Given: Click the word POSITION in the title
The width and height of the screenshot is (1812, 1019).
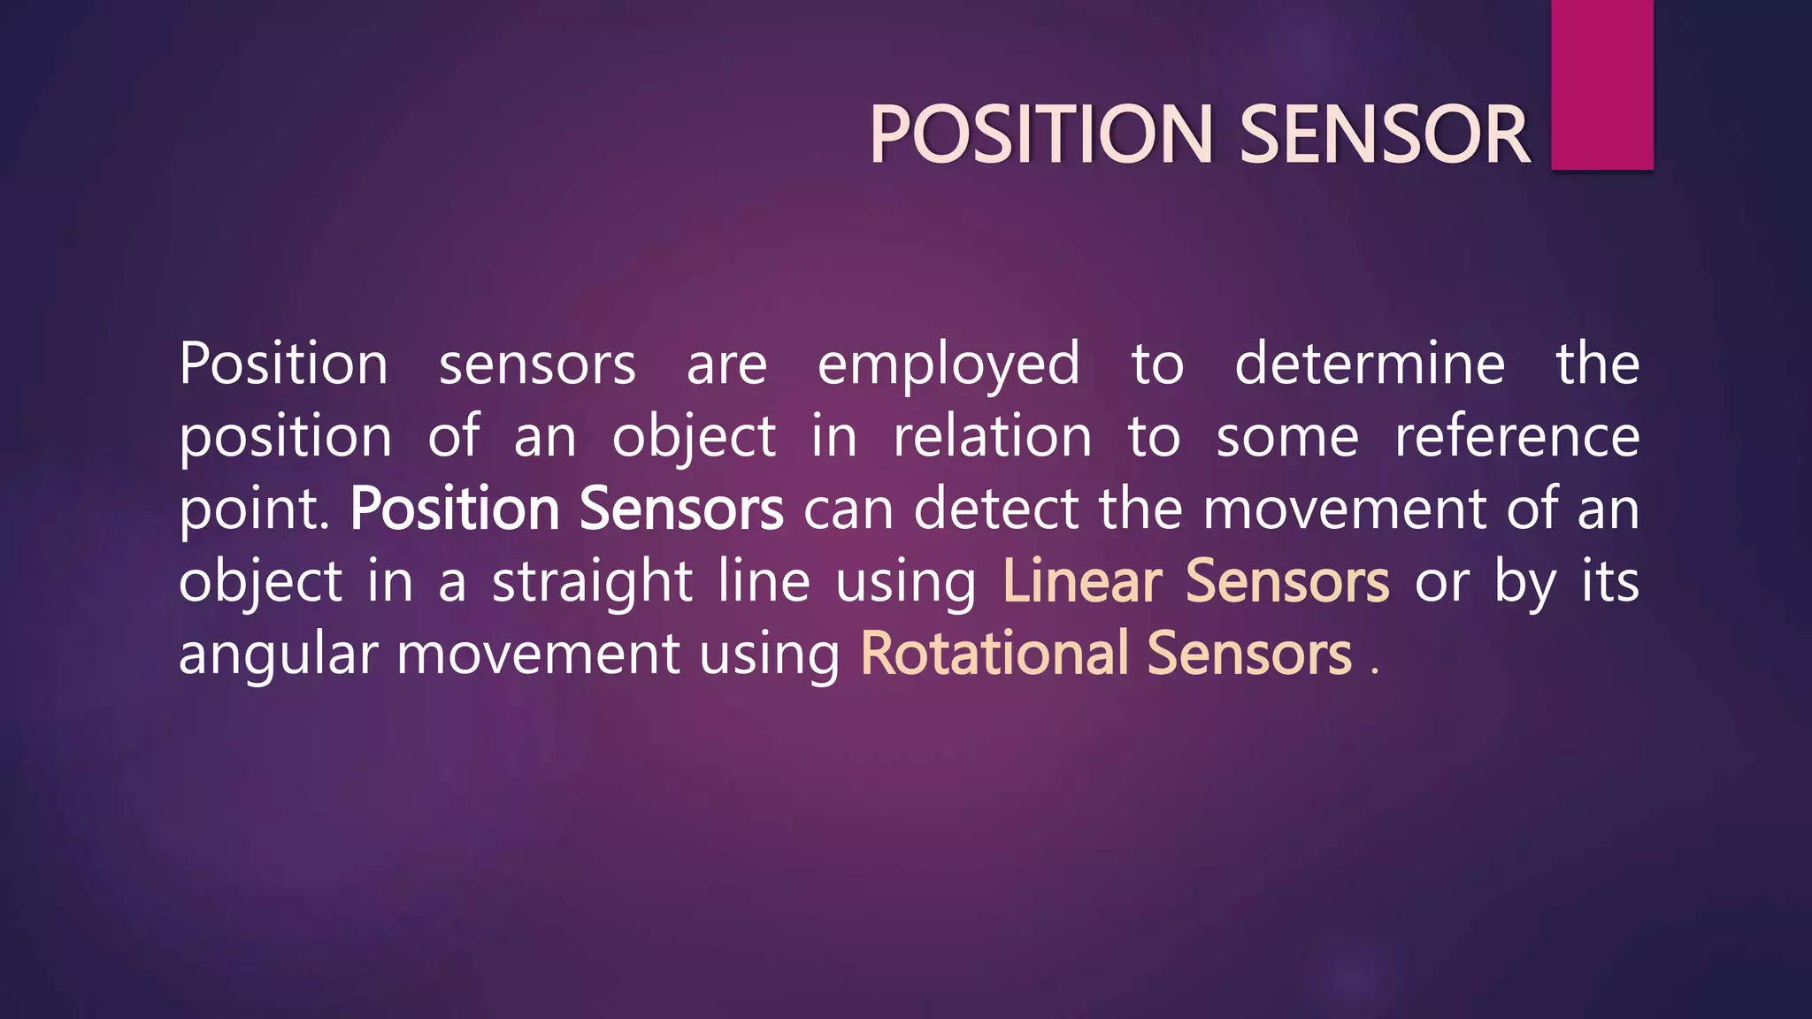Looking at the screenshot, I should point(1040,134).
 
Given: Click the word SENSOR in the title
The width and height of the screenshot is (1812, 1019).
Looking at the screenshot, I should point(1384,134).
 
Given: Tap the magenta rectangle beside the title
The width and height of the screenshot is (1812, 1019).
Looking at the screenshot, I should point(1601,85).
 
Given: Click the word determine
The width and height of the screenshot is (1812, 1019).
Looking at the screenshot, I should point(1369,364).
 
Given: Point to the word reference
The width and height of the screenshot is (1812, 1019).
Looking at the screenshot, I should point(1516,437).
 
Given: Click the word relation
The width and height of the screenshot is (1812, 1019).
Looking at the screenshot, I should point(992,437).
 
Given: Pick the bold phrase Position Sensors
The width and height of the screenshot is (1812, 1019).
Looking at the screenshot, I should point(566,509).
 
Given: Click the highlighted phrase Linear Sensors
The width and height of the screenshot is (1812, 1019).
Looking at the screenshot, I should point(1195,582).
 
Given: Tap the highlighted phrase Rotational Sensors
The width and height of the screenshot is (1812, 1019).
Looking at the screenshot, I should point(1105,655).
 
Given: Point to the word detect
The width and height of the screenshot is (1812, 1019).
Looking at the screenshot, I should point(995,509).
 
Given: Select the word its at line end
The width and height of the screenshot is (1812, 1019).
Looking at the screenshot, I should point(1609,582).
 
